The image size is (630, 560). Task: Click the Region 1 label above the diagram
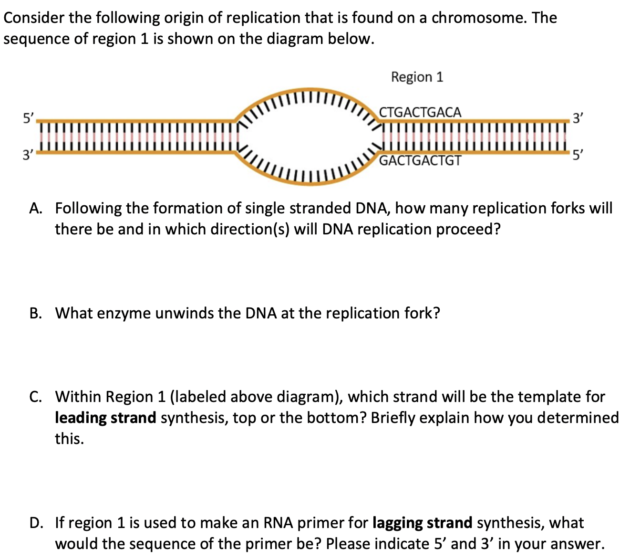point(417,77)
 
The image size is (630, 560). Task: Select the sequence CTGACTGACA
point(420,113)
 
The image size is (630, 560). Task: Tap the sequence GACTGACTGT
point(420,160)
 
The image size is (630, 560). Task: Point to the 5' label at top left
point(29,118)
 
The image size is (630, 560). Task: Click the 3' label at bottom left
point(29,155)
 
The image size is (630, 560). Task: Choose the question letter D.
point(35,523)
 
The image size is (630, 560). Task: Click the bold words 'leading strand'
point(105,418)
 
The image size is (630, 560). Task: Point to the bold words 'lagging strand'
point(422,523)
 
